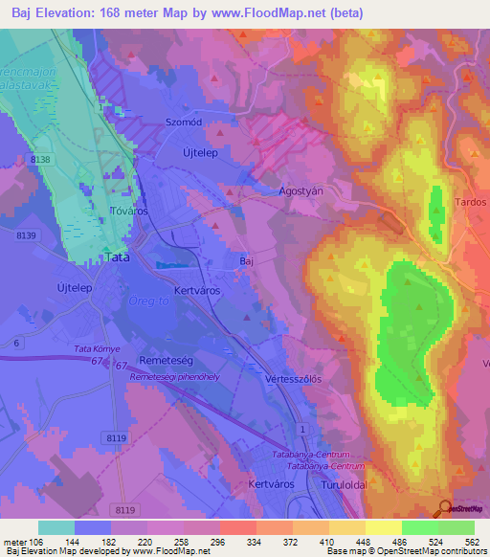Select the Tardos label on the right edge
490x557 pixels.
pyautogui.click(x=472, y=203)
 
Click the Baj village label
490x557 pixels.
pyautogui.click(x=245, y=260)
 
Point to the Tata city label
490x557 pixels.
pyautogui.click(x=117, y=258)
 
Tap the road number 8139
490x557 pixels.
pyautogui.click(x=26, y=235)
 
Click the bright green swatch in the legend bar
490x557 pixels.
pyautogui.click(x=419, y=527)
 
